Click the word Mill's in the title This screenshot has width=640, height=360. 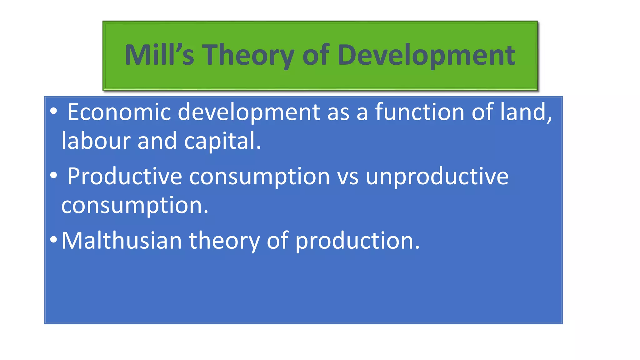tap(159, 55)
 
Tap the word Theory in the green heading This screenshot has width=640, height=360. tap(248, 56)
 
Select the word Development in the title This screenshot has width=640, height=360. tap(426, 56)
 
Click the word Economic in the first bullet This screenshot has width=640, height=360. tap(119, 112)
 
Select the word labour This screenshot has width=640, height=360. tap(96, 141)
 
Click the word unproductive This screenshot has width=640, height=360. tap(437, 177)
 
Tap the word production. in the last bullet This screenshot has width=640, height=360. tap(357, 241)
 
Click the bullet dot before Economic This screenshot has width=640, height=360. tap(54, 111)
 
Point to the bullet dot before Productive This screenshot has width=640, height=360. tap(54, 176)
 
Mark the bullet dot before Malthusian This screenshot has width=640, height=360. tap(54, 240)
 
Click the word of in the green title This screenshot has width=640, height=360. tap(316, 55)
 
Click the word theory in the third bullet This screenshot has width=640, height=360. tap(224, 241)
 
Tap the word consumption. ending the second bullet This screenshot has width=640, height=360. tap(135, 206)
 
